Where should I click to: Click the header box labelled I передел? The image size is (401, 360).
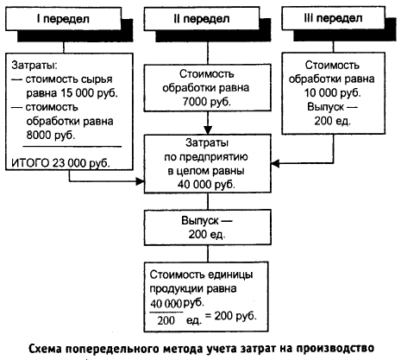pyautogui.click(x=63, y=19)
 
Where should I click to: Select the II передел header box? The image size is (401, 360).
pyautogui.click(x=202, y=19)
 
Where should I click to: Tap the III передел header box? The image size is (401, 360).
pyautogui.click(x=333, y=18)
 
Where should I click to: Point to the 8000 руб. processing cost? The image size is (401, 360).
pyautogui.click(x=51, y=135)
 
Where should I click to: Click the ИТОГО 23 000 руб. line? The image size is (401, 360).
pyautogui.click(x=60, y=163)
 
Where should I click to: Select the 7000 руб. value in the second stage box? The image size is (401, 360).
pyautogui.click(x=207, y=102)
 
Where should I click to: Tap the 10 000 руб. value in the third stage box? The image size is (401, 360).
pyautogui.click(x=333, y=93)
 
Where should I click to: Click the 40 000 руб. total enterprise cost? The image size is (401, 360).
pyautogui.click(x=206, y=184)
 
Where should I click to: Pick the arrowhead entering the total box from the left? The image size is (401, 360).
pyautogui.click(x=140, y=181)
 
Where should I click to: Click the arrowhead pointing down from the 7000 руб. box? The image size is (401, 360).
pyautogui.click(x=208, y=130)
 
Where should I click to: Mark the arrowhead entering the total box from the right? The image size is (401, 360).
pyautogui.click(x=275, y=163)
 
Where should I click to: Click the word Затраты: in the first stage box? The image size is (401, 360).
pyautogui.click(x=34, y=66)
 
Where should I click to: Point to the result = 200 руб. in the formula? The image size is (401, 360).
pyautogui.click(x=230, y=316)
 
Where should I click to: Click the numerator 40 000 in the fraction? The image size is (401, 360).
pyautogui.click(x=166, y=304)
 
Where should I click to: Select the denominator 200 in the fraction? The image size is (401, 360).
pyautogui.click(x=166, y=320)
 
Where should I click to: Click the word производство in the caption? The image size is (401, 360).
pyautogui.click(x=335, y=348)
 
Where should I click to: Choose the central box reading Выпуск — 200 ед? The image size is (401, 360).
pyautogui.click(x=208, y=227)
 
